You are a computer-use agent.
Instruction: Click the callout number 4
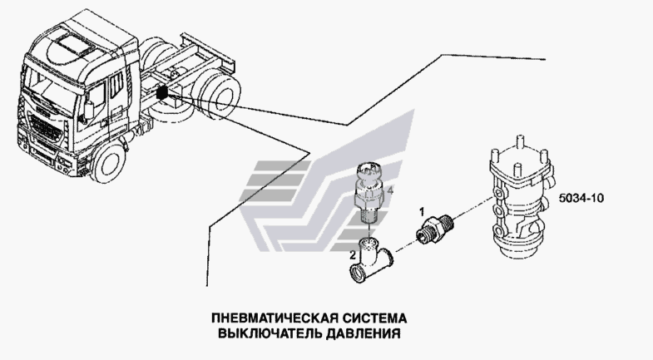click(x=390, y=191)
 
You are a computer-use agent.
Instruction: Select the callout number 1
click(x=422, y=212)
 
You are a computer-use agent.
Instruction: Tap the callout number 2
click(x=353, y=254)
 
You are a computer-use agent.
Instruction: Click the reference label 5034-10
click(x=581, y=198)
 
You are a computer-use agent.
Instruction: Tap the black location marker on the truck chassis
click(x=162, y=92)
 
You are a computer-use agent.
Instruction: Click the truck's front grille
click(x=46, y=125)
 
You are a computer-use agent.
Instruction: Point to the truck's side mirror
click(x=89, y=109)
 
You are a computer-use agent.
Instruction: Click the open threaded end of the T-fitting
click(x=357, y=274)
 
